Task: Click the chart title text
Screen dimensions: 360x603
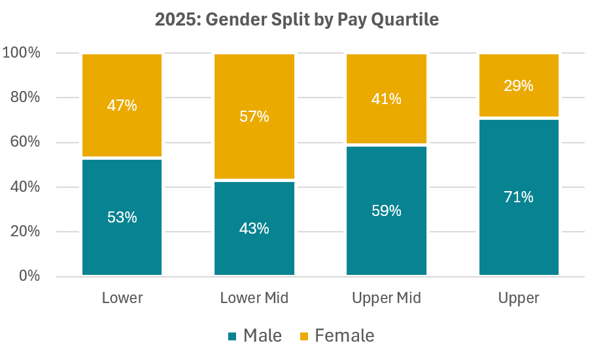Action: tap(296, 20)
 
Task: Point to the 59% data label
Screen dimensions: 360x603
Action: tap(387, 211)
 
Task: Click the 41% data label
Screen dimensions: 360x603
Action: tap(387, 99)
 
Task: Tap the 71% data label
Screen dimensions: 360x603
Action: tap(519, 196)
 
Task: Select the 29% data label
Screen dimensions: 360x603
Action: tap(519, 86)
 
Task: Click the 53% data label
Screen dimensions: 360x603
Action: tap(122, 217)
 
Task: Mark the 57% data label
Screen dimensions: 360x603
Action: tap(254, 117)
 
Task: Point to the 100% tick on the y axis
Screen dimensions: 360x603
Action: tap(22, 53)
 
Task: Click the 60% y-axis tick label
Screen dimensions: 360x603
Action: tap(25, 143)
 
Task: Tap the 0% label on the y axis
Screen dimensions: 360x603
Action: tap(29, 276)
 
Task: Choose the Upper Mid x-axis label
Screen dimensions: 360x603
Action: tap(387, 298)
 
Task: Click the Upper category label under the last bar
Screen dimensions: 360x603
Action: tap(519, 298)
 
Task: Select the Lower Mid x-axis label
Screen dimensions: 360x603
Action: tap(254, 298)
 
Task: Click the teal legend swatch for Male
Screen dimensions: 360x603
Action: tap(232, 336)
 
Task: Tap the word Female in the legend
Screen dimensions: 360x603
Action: tap(345, 336)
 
